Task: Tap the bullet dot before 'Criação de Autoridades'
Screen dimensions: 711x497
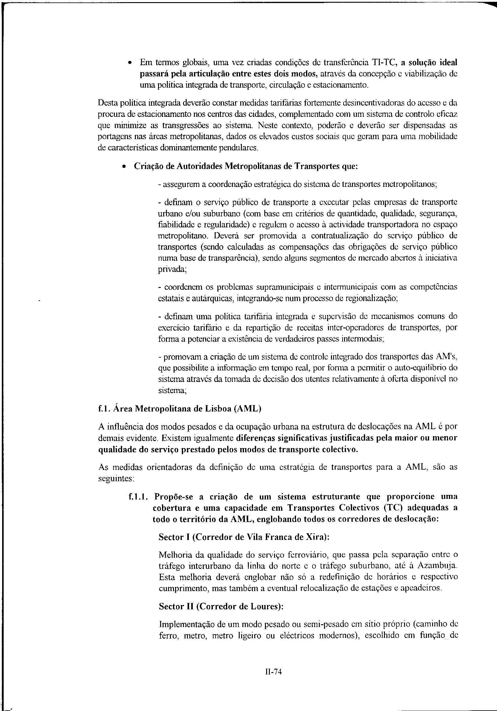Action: tap(124, 166)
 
